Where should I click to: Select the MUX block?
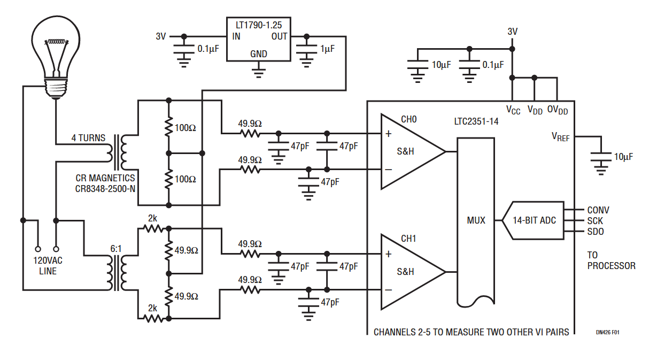click(x=476, y=220)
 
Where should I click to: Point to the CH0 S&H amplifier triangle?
click(x=410, y=151)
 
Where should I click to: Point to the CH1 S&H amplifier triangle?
click(x=410, y=271)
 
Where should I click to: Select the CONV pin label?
click(x=598, y=210)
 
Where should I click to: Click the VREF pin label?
click(x=560, y=136)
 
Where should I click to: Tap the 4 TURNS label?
click(x=89, y=138)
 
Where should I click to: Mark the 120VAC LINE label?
click(x=48, y=266)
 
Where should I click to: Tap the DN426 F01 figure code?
click(x=607, y=332)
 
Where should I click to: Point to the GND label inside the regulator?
click(x=258, y=54)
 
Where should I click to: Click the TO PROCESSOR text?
click(x=611, y=261)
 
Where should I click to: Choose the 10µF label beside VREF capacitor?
click(x=623, y=157)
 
